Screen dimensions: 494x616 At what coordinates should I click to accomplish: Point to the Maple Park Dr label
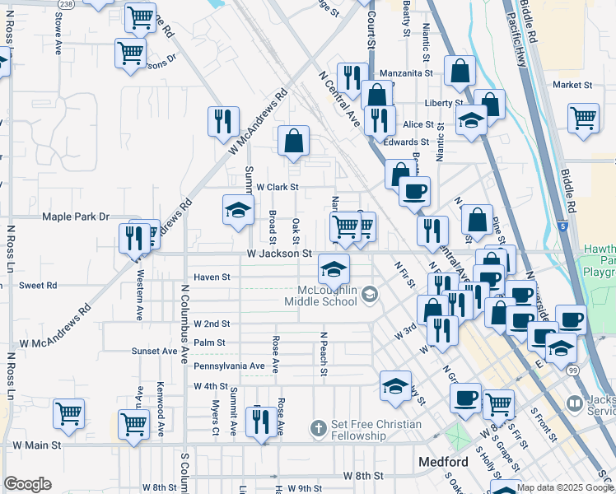(77, 217)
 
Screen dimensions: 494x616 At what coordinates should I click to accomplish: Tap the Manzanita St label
(406, 73)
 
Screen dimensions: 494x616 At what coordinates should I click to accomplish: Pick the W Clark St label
(277, 187)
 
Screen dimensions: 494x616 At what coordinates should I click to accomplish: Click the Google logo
(27, 484)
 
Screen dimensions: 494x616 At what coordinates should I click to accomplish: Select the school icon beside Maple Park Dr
(238, 209)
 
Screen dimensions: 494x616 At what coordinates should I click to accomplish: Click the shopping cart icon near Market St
(583, 117)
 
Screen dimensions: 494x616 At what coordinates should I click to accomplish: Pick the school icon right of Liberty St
(472, 122)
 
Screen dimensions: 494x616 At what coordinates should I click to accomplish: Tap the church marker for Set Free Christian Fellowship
(320, 428)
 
